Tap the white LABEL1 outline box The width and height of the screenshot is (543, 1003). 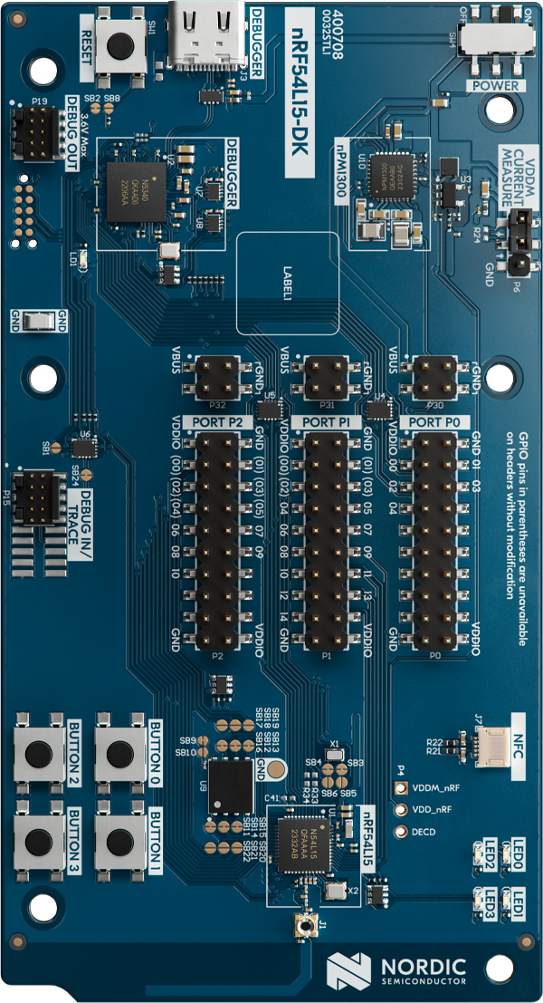click(x=288, y=282)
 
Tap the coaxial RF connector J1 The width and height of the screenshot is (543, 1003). click(x=304, y=925)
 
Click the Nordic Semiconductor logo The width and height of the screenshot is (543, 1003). click(x=397, y=969)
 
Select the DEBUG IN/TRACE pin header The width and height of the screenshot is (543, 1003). click(x=36, y=493)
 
